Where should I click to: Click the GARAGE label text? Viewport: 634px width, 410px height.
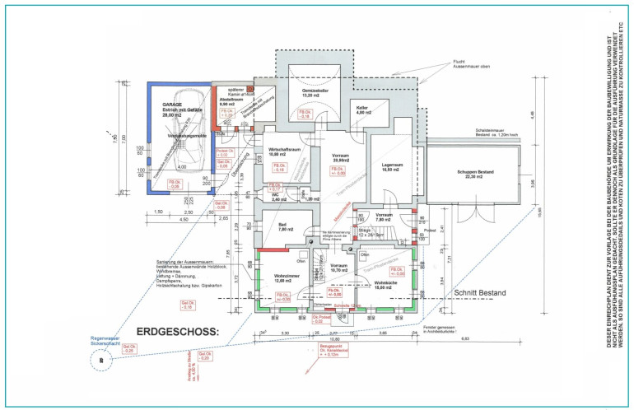[x=172, y=105]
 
